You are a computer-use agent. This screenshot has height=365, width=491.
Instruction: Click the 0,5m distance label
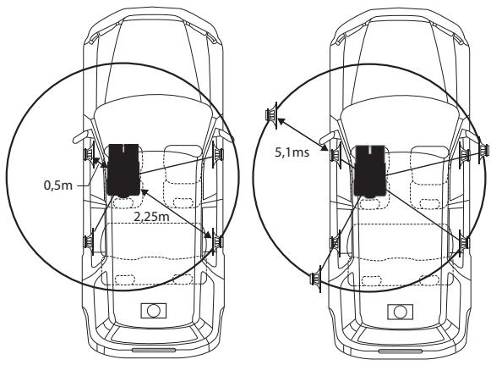[x=58, y=185]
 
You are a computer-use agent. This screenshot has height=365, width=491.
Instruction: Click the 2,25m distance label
[x=151, y=216]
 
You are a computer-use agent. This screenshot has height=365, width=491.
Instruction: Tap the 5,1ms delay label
[x=292, y=152]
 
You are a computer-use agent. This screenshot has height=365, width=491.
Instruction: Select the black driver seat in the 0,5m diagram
[x=123, y=170]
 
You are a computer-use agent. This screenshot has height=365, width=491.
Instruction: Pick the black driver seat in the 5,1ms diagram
[x=370, y=171]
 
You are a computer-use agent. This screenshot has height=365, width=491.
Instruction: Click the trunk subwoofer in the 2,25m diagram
[x=154, y=311]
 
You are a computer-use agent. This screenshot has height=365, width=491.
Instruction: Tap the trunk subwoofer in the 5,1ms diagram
[x=400, y=312]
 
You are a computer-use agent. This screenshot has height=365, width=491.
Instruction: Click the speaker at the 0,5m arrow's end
[x=90, y=154]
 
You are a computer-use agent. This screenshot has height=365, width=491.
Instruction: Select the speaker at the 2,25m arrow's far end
[x=217, y=241]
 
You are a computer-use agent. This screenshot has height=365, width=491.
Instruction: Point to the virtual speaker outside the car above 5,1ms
[x=271, y=115]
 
